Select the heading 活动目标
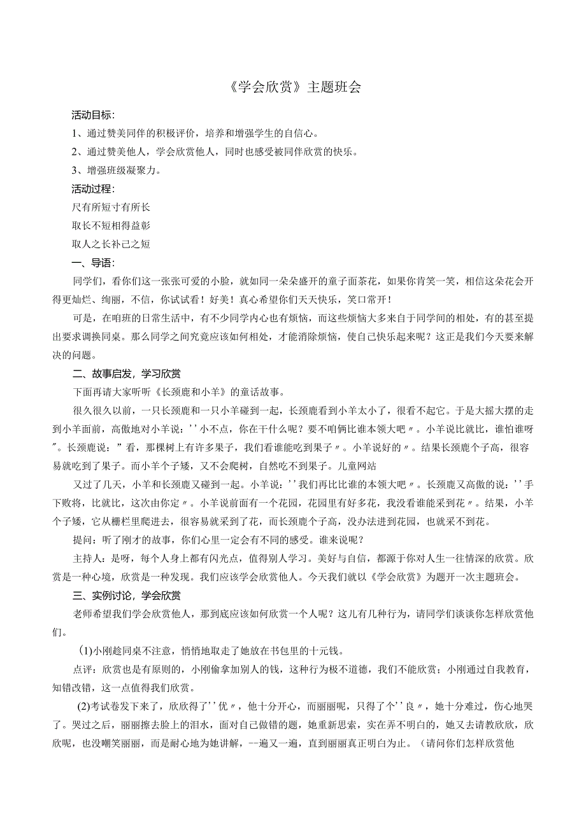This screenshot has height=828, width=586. coord(92,115)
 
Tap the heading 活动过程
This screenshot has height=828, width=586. coord(92,189)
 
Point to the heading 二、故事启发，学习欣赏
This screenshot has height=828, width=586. coord(127,373)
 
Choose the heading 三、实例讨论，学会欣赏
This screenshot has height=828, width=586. coord(127,596)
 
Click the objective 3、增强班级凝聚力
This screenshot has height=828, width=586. coord(116,171)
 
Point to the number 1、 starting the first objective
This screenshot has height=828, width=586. coord(77,134)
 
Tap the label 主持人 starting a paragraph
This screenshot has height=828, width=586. coord(88,559)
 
